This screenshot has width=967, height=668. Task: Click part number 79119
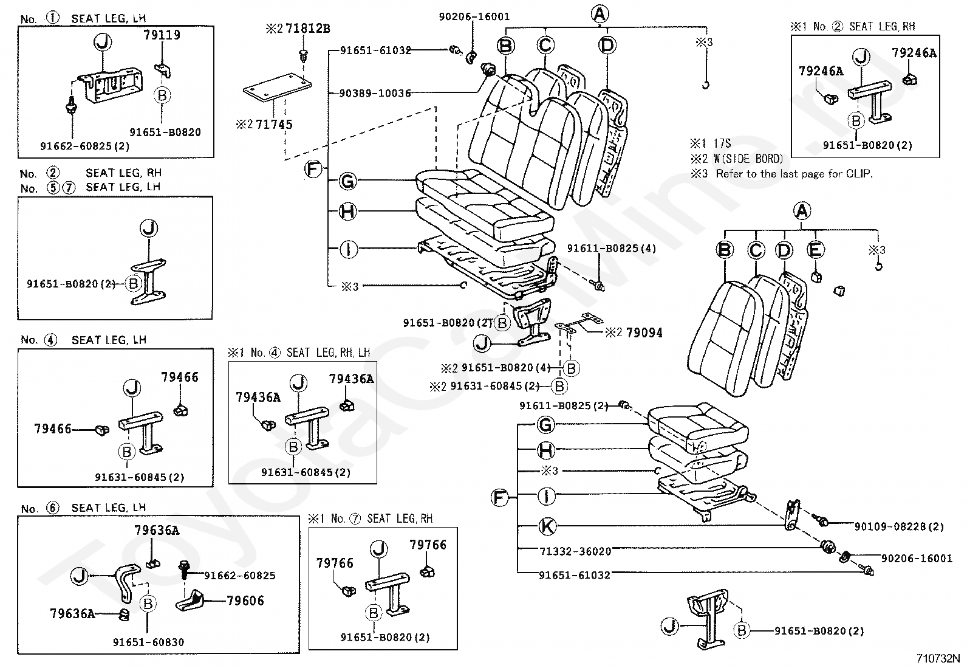(x=162, y=35)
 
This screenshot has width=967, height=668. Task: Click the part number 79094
(x=644, y=333)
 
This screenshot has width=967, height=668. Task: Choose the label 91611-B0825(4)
(x=611, y=249)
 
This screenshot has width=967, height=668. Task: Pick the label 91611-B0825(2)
(x=564, y=405)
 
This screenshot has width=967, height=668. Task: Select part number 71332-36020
(x=575, y=551)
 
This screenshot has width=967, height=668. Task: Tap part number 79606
(x=245, y=601)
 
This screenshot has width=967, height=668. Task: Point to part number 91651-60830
(x=148, y=642)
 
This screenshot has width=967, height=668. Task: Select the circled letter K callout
(x=547, y=526)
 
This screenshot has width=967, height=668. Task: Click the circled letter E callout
(x=816, y=249)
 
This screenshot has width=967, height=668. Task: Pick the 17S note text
(x=722, y=143)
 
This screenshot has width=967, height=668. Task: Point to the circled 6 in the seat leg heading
(x=53, y=508)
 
